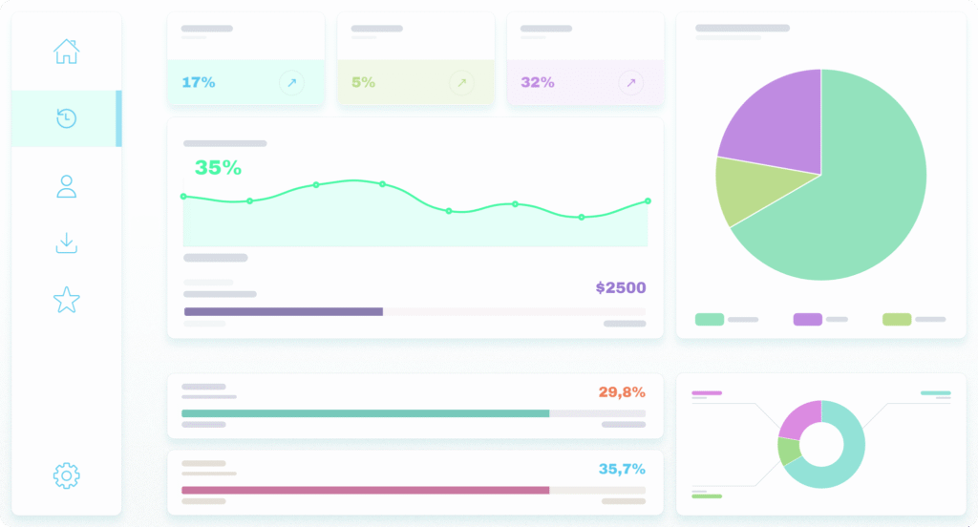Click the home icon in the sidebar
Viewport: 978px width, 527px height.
[x=66, y=51]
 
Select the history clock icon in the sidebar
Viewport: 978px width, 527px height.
[x=66, y=118]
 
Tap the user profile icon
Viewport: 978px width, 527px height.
[x=66, y=186]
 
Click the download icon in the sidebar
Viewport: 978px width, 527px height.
[x=66, y=243]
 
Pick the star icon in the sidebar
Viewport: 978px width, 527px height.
[x=66, y=301]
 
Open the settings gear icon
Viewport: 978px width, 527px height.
[x=66, y=474]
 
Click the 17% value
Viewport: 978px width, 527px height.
[x=198, y=82]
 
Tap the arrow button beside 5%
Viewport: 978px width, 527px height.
[x=461, y=83]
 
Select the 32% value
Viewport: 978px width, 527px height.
[x=538, y=82]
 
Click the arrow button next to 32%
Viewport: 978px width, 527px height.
[x=630, y=83]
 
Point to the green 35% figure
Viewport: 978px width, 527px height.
[x=218, y=168]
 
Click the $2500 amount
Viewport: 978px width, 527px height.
[x=621, y=287]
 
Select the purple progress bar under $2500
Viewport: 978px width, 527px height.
[x=284, y=311]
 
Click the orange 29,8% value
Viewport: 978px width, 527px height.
[x=622, y=391]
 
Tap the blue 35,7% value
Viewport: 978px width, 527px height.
[x=622, y=469]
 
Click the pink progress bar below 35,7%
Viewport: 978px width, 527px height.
[x=365, y=490]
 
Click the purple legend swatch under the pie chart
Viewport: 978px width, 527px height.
[x=807, y=319]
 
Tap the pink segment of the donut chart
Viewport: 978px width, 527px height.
[x=798, y=418]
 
